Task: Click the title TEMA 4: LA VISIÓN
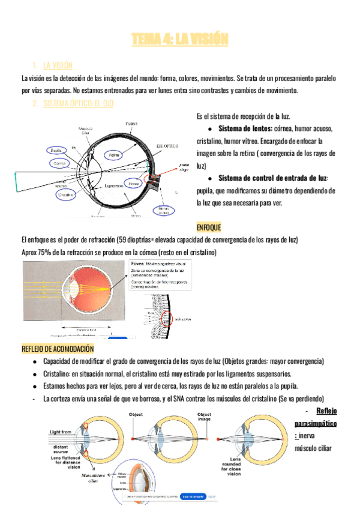(180, 40)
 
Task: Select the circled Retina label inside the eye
(115, 155)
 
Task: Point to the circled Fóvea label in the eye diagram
(134, 182)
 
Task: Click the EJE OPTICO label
(168, 146)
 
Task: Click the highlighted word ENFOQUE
(209, 227)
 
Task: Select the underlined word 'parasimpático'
(315, 423)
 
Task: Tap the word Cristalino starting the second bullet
(59, 373)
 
